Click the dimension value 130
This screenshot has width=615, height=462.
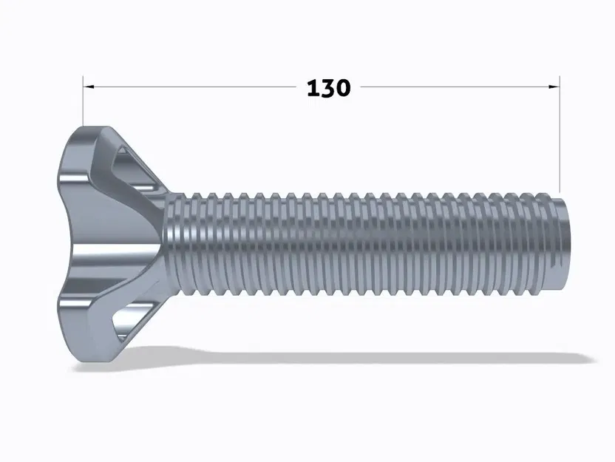(328, 88)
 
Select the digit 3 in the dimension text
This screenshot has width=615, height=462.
(328, 88)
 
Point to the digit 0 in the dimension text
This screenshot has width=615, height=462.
(344, 88)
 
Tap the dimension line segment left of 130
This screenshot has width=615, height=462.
(192, 86)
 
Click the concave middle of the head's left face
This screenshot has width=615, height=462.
(67, 244)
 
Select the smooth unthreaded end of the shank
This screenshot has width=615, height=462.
(562, 244)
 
